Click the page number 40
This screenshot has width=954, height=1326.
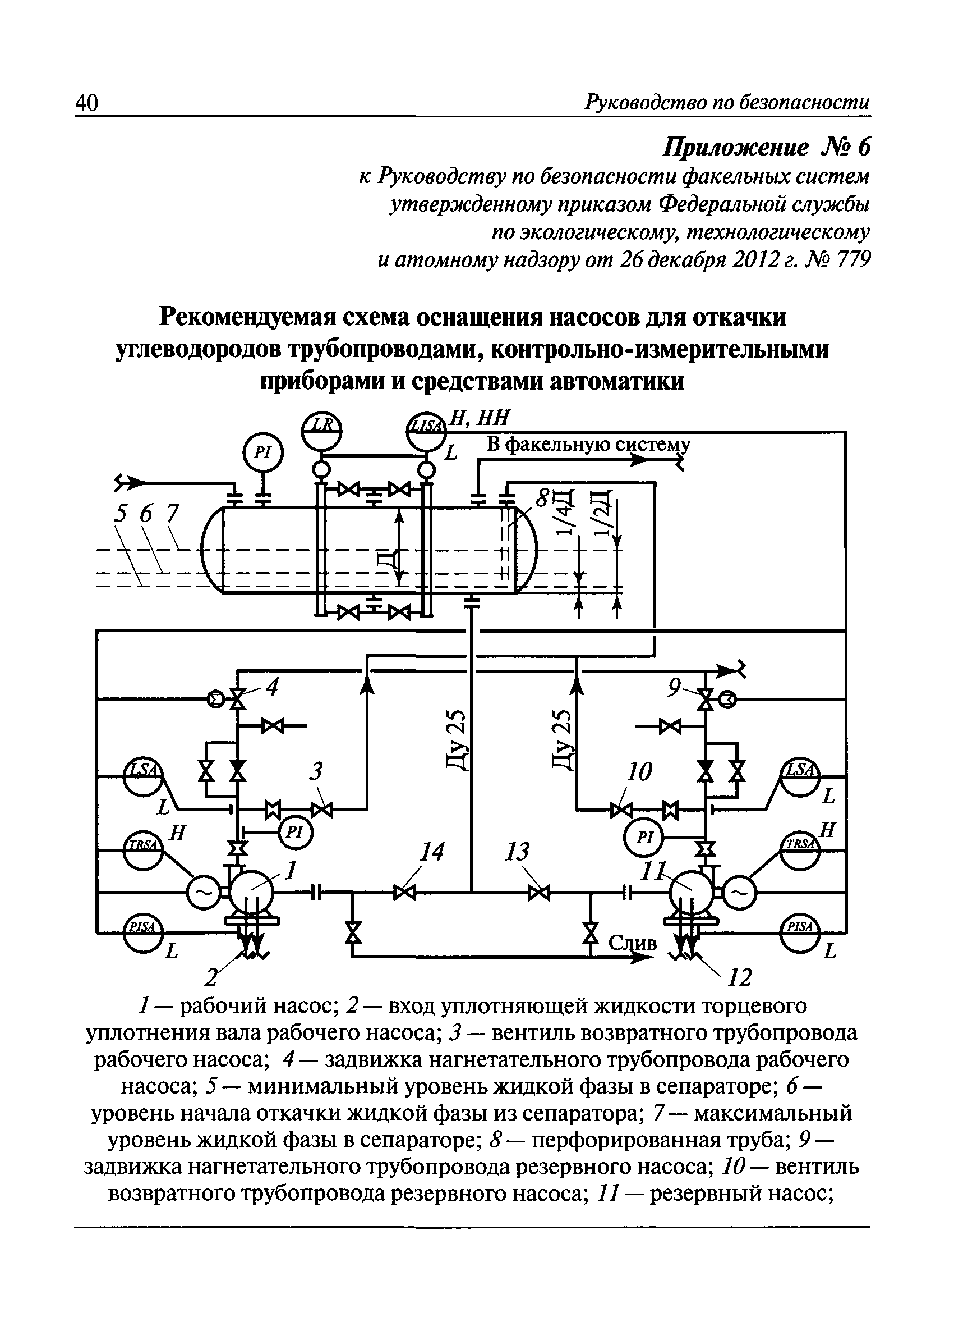click(x=86, y=104)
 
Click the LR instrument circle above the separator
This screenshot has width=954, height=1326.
click(x=321, y=431)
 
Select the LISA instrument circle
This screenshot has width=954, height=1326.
click(x=426, y=431)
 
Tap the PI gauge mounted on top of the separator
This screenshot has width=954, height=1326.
click(x=263, y=452)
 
